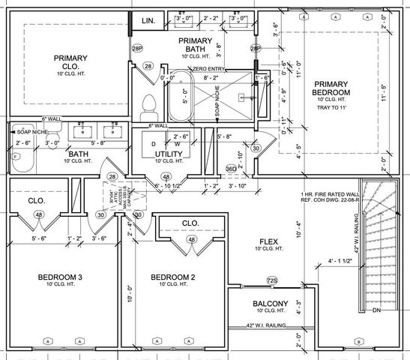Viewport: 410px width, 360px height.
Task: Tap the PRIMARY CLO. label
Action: coord(70,63)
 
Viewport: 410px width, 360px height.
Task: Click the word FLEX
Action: coord(269,242)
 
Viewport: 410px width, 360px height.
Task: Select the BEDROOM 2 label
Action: coord(172,277)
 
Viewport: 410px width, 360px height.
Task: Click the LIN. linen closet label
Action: coord(148,21)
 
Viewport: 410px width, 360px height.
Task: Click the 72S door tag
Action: coord(272,281)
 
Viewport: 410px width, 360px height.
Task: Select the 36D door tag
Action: coord(232,169)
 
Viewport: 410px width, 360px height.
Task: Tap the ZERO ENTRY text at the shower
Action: coord(211,68)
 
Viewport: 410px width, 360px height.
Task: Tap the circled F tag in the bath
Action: coord(16,156)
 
